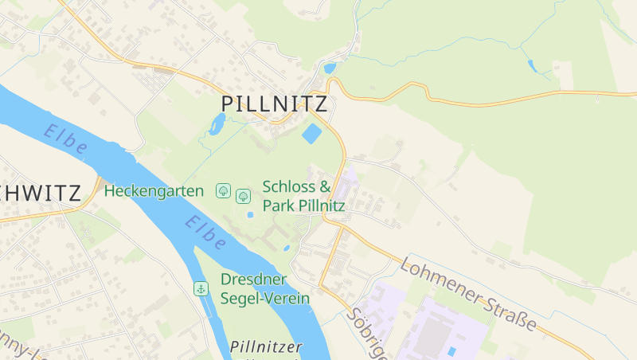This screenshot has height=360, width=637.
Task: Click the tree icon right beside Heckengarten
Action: point(224,191)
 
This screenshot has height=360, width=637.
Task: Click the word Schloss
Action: point(290,187)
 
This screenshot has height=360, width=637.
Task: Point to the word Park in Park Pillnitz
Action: point(279,206)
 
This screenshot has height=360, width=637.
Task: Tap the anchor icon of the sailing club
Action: point(201,288)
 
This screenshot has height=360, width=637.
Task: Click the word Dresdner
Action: point(253,280)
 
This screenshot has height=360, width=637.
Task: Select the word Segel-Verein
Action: point(265,297)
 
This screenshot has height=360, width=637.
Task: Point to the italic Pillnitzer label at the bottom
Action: point(266,347)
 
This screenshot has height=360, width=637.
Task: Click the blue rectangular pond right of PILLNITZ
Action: point(312,133)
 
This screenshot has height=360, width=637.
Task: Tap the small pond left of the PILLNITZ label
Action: point(217,123)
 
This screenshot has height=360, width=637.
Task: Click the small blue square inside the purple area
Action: point(452,351)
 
